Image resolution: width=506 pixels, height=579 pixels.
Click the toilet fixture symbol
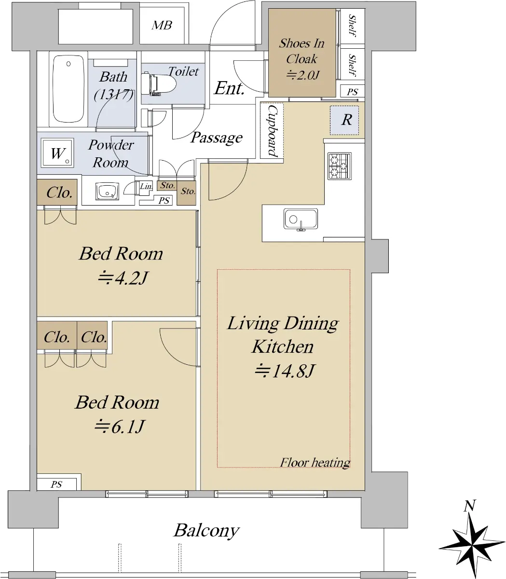[158, 84]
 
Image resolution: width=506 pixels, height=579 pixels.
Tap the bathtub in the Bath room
[68, 89]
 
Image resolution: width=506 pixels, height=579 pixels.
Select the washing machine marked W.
[57, 153]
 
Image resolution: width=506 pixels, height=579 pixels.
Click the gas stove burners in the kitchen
[340, 166]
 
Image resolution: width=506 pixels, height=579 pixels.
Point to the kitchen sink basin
[301, 219]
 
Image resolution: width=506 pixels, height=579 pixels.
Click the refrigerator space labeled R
[344, 120]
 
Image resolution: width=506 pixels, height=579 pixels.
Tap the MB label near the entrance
[162, 26]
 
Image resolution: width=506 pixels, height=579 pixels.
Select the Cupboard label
[273, 131]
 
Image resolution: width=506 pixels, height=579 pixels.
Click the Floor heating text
[315, 463]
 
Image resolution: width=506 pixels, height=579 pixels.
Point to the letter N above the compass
[470, 506]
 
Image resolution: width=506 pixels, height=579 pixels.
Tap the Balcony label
[207, 531]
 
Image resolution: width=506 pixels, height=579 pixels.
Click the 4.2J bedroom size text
[123, 278]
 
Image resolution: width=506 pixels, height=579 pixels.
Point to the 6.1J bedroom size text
[119, 427]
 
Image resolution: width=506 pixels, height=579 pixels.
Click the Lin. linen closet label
[146, 186]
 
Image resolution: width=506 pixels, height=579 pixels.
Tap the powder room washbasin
[107, 191]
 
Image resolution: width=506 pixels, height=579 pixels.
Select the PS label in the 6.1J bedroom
[56, 484]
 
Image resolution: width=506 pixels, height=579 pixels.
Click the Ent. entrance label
[229, 88]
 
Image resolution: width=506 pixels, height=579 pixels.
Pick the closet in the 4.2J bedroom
[57, 192]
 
